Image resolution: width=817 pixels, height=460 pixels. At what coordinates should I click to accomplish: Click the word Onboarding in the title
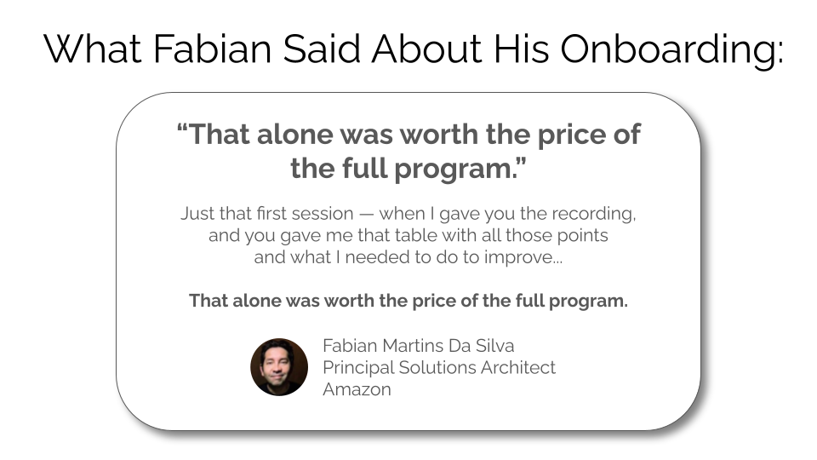(x=671, y=50)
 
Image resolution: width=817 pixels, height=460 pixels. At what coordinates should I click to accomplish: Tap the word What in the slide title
(x=93, y=49)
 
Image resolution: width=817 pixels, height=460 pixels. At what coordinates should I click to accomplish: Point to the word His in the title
(x=521, y=49)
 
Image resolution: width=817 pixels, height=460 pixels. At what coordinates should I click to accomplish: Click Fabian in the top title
(x=213, y=49)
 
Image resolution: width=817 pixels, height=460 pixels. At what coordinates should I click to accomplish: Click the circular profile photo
(x=279, y=367)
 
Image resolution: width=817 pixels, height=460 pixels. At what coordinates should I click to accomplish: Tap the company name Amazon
(x=357, y=389)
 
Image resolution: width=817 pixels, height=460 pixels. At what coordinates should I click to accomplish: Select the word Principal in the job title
(x=358, y=368)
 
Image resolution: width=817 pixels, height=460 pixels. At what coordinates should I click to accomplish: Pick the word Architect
(x=518, y=368)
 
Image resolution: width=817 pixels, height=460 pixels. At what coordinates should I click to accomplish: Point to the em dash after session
(x=366, y=215)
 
